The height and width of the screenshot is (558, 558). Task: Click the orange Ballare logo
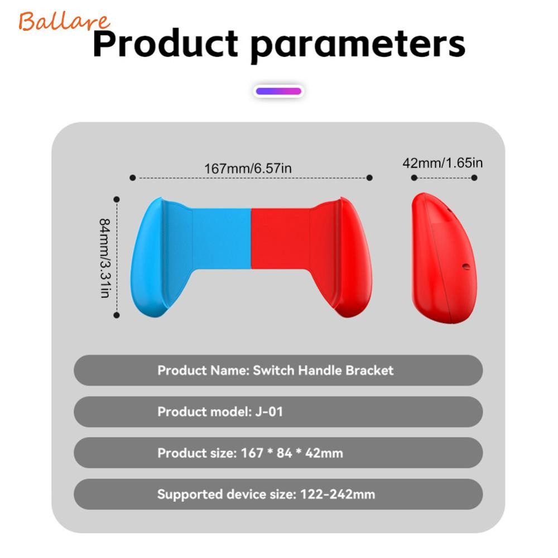(x=64, y=21)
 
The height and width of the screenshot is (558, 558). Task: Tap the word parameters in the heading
(x=358, y=46)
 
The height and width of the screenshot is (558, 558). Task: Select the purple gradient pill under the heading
(x=278, y=91)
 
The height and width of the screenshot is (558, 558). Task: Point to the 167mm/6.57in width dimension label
(x=248, y=168)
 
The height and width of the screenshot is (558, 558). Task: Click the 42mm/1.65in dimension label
(x=442, y=162)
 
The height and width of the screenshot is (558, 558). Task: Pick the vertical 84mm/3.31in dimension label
(x=105, y=258)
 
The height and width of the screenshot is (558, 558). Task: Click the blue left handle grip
(x=162, y=257)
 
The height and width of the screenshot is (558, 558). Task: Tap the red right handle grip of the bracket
(x=341, y=257)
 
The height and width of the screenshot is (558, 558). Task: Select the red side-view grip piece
(x=443, y=258)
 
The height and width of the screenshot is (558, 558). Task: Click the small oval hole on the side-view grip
(x=465, y=266)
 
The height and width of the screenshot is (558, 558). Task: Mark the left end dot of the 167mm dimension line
(x=133, y=177)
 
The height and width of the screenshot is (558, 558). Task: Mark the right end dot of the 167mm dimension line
(x=369, y=177)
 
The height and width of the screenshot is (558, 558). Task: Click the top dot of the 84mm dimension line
(x=117, y=199)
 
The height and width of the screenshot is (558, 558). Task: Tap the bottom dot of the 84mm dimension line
(x=117, y=315)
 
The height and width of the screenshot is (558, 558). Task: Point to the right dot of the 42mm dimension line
(x=474, y=177)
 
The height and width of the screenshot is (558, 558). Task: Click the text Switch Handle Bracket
(x=323, y=371)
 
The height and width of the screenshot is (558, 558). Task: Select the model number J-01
(x=269, y=412)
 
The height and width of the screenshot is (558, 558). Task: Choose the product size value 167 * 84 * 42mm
(x=292, y=453)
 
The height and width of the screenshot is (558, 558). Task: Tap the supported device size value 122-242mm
(x=338, y=494)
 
